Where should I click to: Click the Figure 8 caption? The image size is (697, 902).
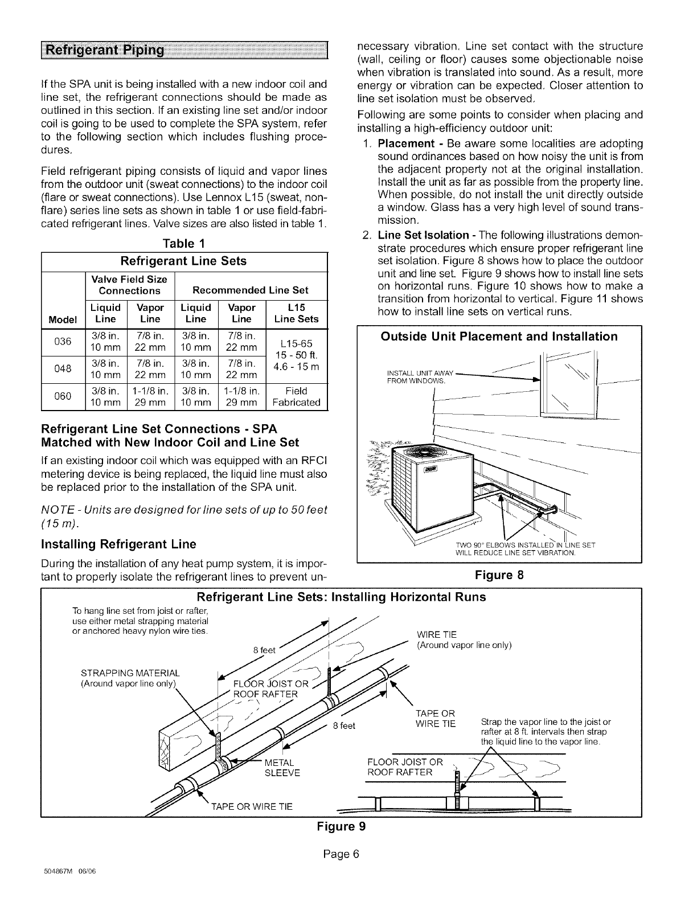tap(499, 575)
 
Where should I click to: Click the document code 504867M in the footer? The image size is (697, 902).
tap(54, 885)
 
